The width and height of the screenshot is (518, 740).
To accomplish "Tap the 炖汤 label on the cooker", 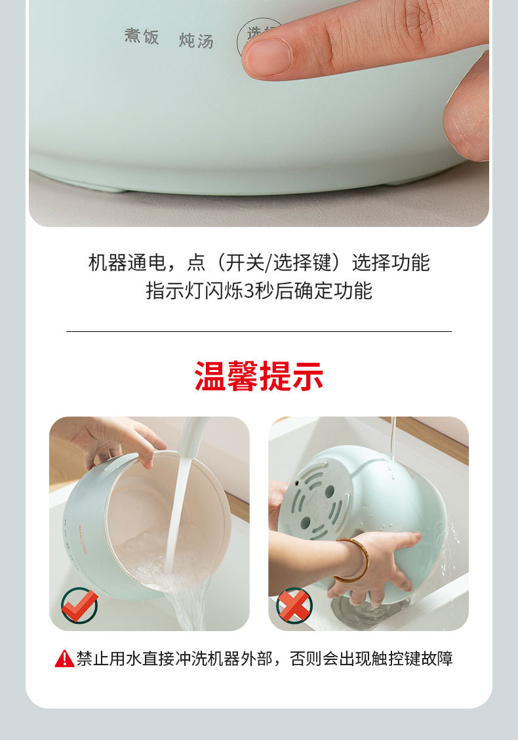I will click(196, 40).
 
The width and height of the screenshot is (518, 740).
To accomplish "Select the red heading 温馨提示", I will click(259, 376).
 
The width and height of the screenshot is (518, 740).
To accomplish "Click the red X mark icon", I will click(294, 604).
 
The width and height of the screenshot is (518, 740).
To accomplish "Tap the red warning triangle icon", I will click(64, 659).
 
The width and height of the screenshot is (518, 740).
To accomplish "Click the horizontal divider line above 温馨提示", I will click(259, 332).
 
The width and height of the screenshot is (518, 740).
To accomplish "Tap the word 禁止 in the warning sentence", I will click(92, 659).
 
